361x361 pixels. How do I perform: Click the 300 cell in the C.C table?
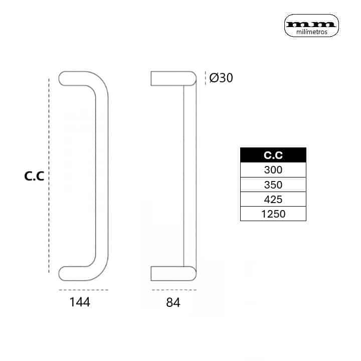273,170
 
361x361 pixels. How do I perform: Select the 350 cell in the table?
273,185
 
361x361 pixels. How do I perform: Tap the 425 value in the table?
273,199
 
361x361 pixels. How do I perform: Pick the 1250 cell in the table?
273,214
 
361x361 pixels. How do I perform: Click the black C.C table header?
273,155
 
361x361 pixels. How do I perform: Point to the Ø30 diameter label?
221,78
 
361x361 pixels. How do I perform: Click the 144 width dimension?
80,302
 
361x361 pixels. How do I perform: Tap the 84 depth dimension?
173,302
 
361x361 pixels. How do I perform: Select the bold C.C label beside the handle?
34,176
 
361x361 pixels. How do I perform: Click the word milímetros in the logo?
312,32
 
